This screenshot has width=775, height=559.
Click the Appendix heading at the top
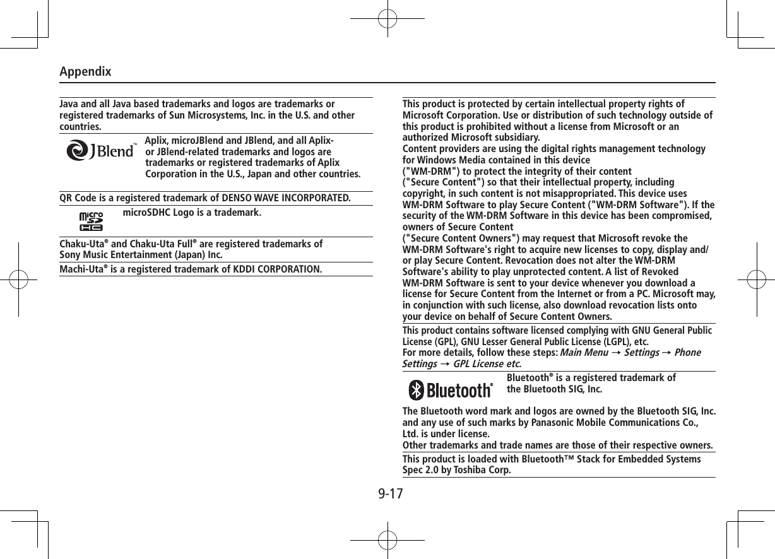[85, 71]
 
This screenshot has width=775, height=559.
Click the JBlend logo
[102, 150]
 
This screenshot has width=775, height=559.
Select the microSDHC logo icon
[91, 220]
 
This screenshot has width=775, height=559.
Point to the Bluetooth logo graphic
[451, 391]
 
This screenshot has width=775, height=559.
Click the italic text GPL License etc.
[487, 363]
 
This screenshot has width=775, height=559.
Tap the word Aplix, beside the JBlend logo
[157, 141]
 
